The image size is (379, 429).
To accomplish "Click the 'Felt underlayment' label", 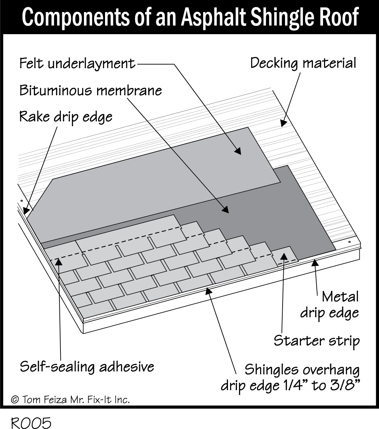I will [x=77, y=64].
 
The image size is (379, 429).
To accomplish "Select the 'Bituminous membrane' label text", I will [x=91, y=90].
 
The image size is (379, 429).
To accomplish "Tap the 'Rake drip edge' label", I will [x=66, y=117].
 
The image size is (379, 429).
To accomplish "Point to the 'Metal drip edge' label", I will [x=329, y=305].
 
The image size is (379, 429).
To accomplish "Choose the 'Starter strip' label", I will [x=316, y=341].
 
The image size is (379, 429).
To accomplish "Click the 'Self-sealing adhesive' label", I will [x=87, y=367].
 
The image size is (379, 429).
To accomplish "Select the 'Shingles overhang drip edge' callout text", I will [x=290, y=378].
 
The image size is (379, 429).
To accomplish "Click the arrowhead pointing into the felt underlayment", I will [x=237, y=150].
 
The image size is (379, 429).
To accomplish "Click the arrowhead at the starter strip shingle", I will [x=284, y=256].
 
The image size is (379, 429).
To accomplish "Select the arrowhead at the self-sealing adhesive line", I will [x=59, y=261].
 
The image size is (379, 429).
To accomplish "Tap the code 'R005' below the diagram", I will [x=31, y=423].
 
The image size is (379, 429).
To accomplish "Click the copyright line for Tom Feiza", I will [x=70, y=400].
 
